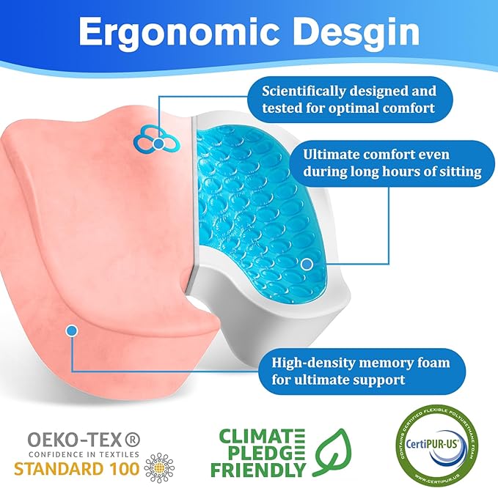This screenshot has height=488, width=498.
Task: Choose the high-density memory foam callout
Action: (x=359, y=371)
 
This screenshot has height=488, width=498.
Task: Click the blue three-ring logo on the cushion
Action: (x=155, y=135)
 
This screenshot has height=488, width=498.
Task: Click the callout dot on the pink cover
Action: (x=71, y=331)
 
